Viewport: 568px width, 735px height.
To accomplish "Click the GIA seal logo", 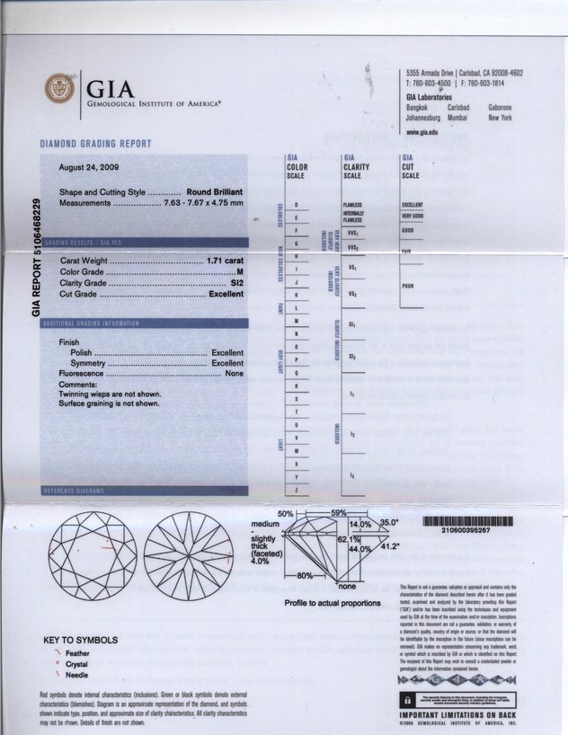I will click(61, 90).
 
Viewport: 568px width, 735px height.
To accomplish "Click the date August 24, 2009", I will click(87, 168).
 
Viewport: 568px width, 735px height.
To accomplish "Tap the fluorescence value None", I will click(235, 373).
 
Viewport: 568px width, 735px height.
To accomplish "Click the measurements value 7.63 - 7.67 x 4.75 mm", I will click(204, 204).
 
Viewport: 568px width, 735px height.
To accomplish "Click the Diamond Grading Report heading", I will click(95, 144).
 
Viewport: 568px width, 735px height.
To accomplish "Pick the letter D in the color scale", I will click(296, 205).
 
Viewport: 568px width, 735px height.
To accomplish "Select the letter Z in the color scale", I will click(296, 489).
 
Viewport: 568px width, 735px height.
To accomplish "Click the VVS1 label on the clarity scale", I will click(351, 233).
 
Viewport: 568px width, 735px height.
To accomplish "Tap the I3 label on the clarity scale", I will click(352, 474).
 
